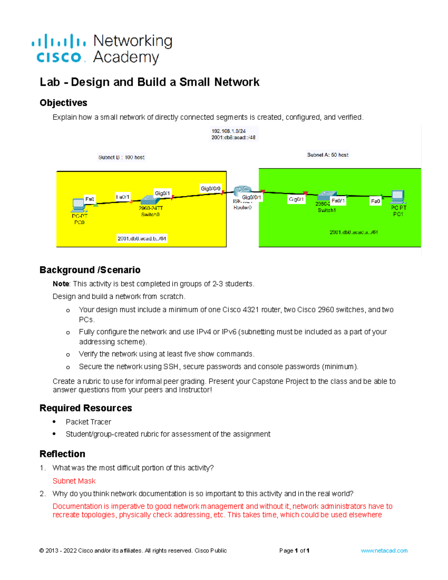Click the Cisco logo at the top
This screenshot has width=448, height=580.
59,49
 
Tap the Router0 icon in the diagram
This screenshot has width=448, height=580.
242,191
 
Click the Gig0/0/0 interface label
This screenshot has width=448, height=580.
211,189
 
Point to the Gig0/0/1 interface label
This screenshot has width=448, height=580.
252,197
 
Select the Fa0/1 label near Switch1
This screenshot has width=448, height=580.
338,201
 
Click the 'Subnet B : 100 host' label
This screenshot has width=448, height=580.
121,158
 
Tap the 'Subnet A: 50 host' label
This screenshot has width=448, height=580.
328,155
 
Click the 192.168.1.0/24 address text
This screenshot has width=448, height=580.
228,131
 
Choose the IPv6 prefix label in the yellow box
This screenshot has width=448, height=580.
142,239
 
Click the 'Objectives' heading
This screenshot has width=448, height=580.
63,103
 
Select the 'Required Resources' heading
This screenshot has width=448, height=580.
86,408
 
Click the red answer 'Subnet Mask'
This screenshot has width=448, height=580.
74,481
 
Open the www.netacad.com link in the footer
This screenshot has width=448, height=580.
384,550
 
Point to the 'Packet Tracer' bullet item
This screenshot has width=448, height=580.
88,422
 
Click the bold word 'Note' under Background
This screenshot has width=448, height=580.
61,284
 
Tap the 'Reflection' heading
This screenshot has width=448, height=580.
62,454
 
